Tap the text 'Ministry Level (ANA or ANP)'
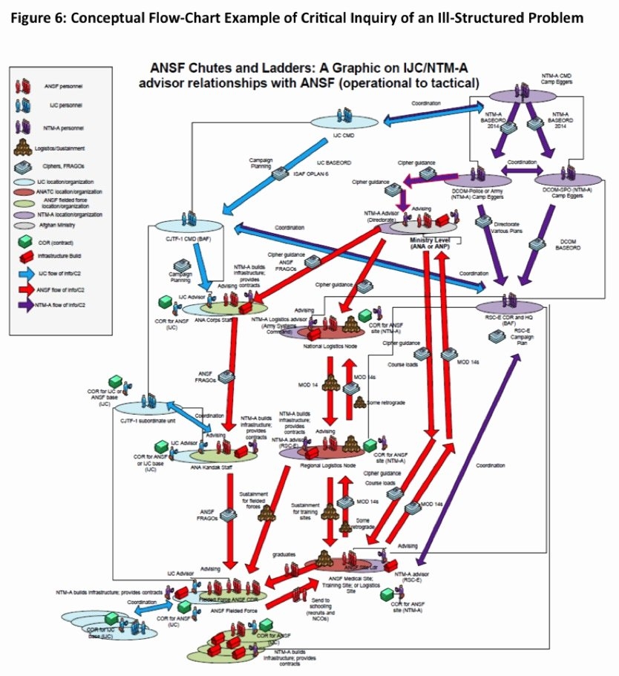pos(432,245)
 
